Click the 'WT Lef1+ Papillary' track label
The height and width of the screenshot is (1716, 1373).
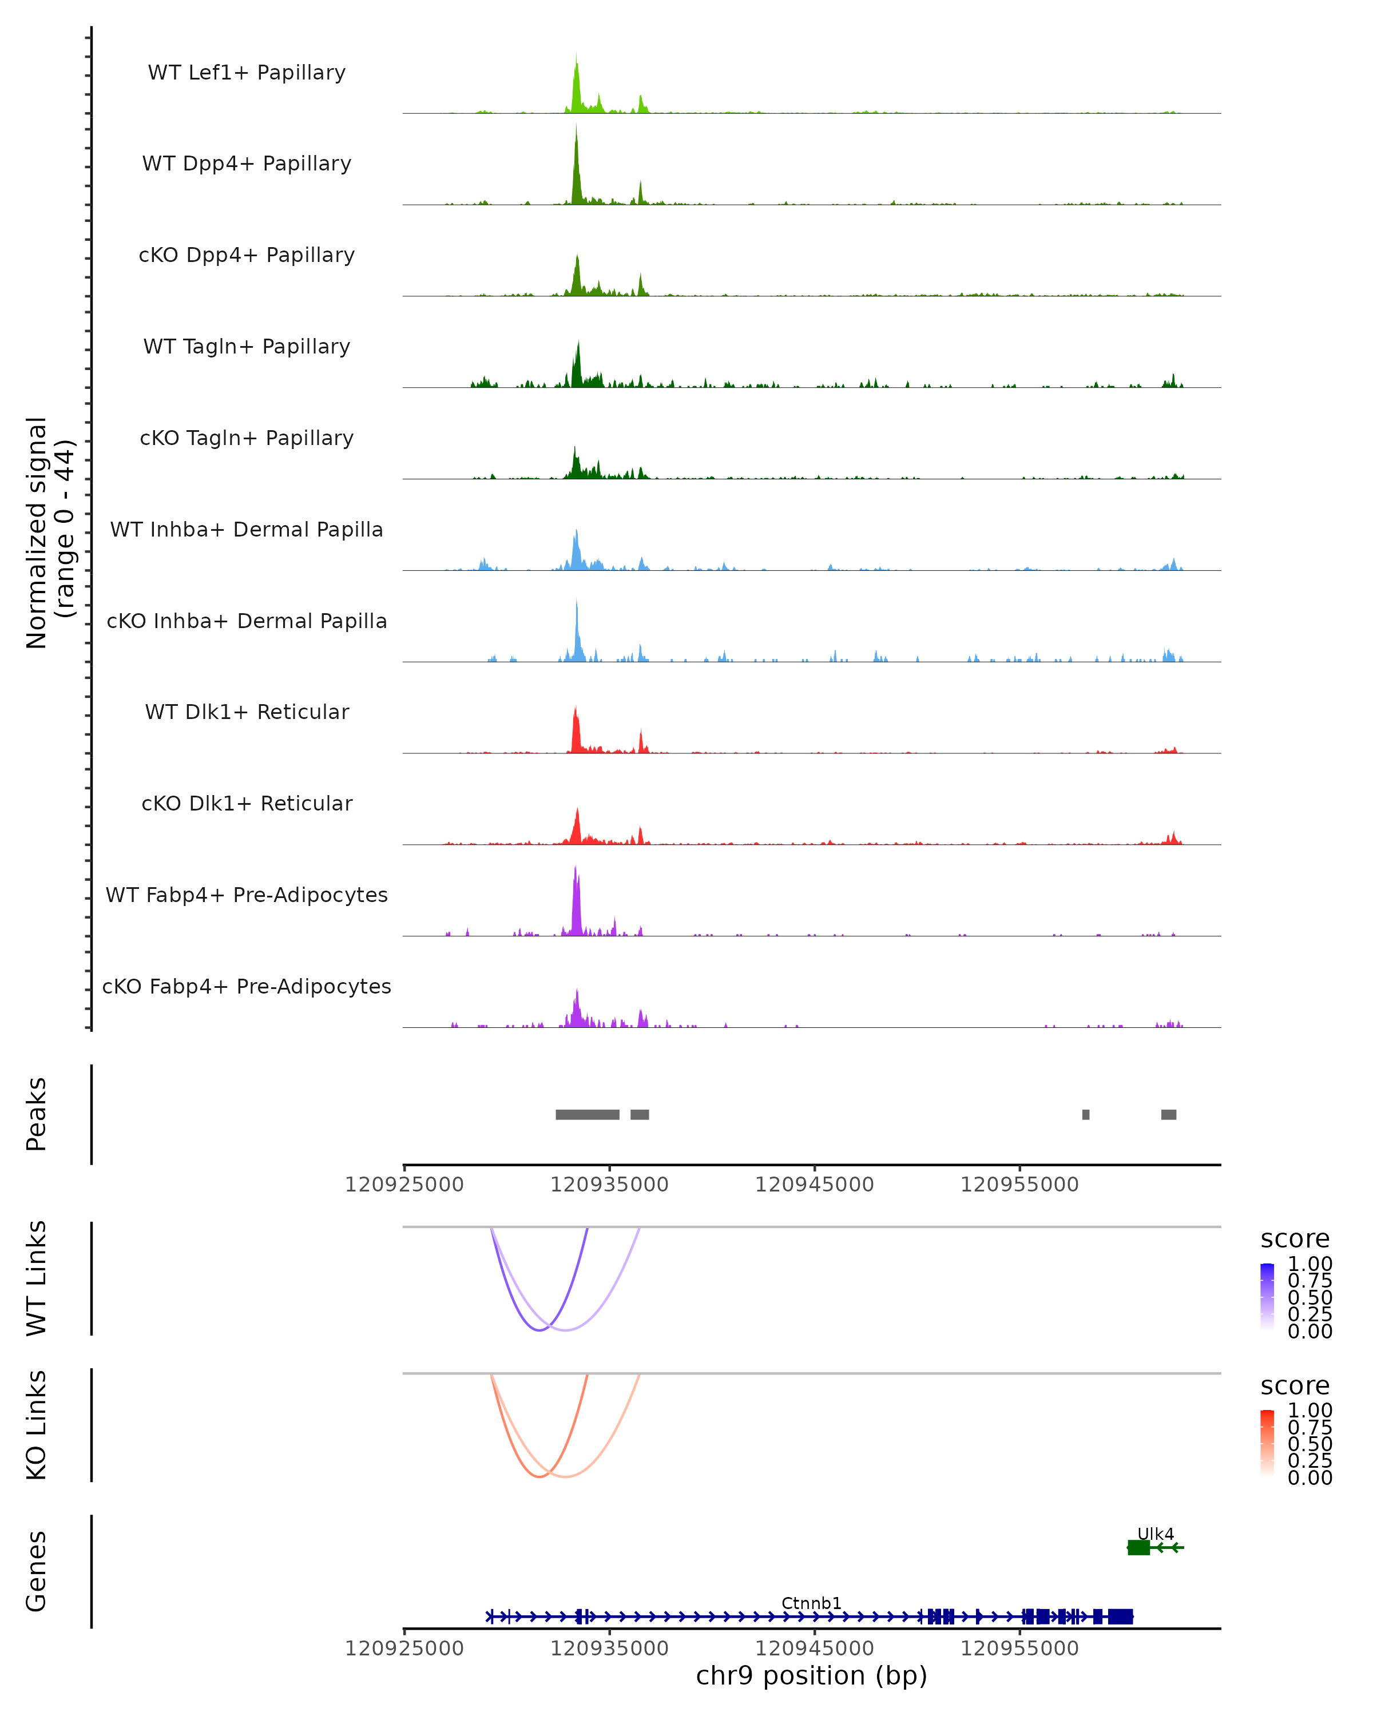(247, 73)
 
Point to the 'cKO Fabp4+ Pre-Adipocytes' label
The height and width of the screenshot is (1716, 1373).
(247, 986)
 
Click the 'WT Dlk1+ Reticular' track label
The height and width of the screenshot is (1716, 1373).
(247, 712)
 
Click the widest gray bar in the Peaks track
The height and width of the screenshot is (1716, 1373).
(588, 1114)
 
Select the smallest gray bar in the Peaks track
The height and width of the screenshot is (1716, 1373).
(1086, 1114)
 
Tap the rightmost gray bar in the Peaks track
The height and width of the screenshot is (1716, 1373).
(1168, 1114)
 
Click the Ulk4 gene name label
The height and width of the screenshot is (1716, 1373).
(1155, 1534)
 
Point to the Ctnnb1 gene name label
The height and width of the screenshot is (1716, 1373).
(811, 1603)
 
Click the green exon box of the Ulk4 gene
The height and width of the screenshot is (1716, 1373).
(1139, 1547)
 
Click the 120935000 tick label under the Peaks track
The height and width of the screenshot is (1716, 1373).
(610, 1185)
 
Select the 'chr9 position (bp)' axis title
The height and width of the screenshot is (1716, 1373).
(811, 1675)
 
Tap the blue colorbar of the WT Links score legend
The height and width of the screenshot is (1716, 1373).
(1267, 1297)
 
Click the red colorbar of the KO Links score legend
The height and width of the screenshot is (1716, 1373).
(1267, 1443)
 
